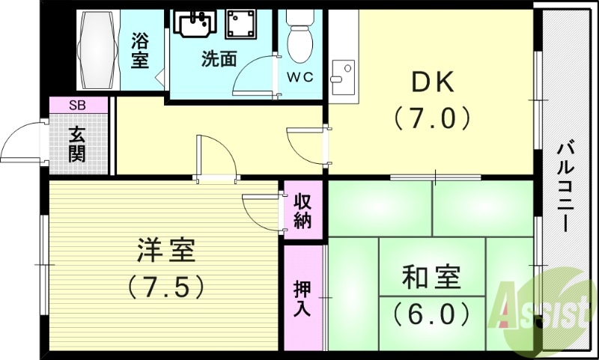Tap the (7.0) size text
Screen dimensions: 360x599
click(x=431, y=118)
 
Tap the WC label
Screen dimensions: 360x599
click(x=300, y=77)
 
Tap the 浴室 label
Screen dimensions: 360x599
click(x=139, y=50)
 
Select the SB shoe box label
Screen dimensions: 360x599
click(x=77, y=106)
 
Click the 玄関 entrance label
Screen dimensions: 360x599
click(x=77, y=144)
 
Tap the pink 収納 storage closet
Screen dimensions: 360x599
click(x=302, y=210)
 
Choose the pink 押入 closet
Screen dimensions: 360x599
click(x=302, y=298)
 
